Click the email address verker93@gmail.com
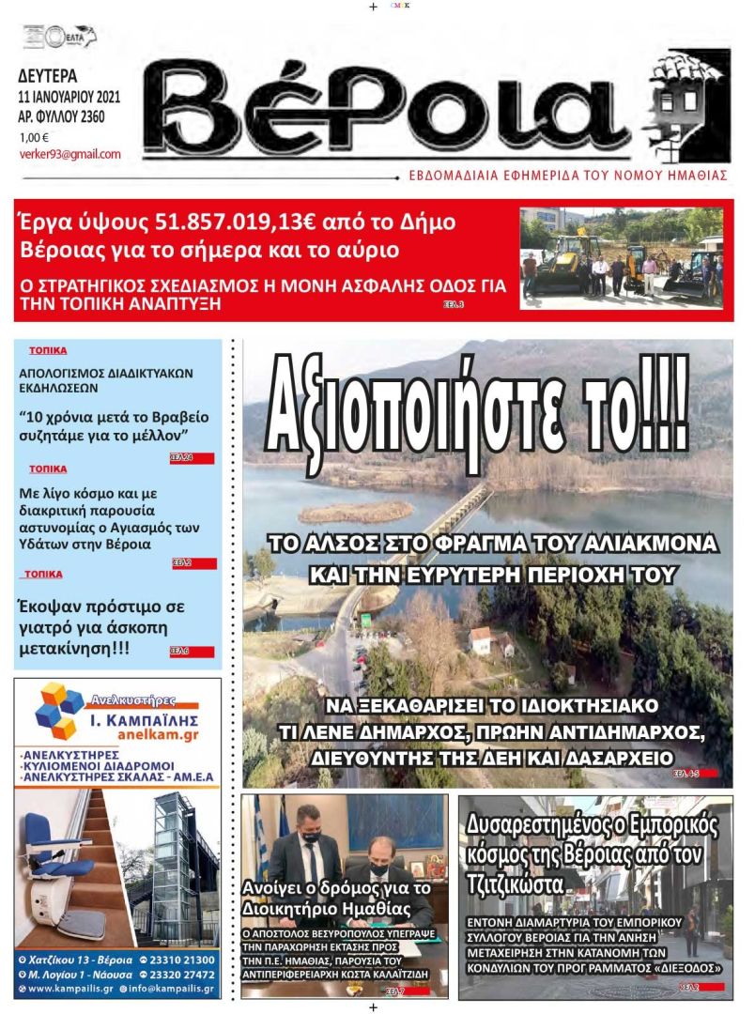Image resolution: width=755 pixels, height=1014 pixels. click(70, 154)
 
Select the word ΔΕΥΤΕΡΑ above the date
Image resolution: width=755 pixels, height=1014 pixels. click(48, 77)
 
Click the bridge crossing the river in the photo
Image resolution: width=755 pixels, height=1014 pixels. click(441, 526)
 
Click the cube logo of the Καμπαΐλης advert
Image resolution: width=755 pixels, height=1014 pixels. click(60, 711)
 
